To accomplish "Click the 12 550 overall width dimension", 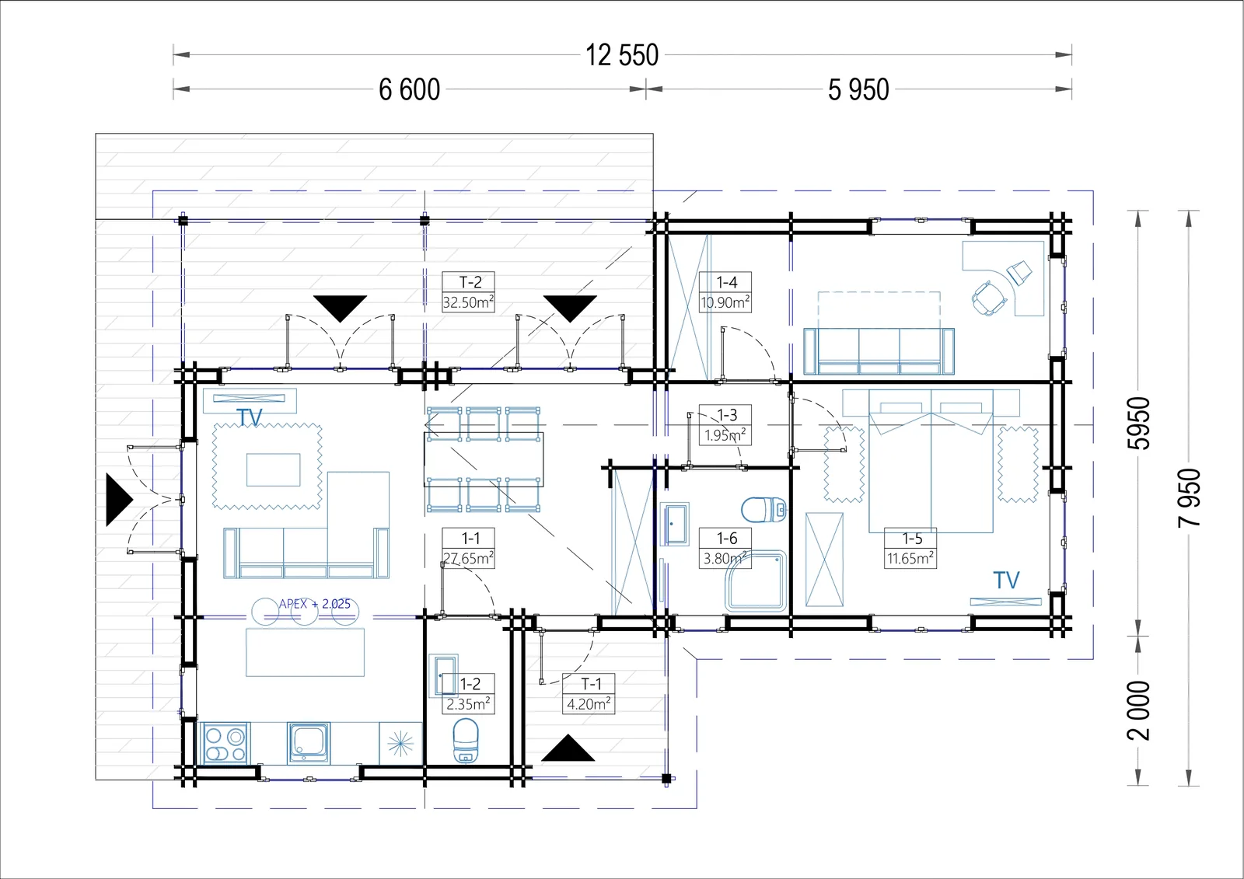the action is (622, 55).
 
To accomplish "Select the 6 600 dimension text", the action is (409, 89).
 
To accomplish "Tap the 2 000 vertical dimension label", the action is (1138, 711).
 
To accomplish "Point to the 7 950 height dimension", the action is (1189, 497).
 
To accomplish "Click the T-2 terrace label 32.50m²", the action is (468, 292).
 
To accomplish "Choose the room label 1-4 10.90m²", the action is (725, 292).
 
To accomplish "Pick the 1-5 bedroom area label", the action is (910, 548).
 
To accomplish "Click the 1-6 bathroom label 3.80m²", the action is (726, 548).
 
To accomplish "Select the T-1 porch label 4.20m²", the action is (589, 693).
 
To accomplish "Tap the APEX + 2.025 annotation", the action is (314, 604).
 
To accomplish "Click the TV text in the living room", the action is (250, 417).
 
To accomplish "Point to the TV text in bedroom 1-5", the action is (1006, 581).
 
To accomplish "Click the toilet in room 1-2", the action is (466, 741).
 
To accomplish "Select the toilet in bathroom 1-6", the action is (764, 509).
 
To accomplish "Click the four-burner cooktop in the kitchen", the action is (225, 744).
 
